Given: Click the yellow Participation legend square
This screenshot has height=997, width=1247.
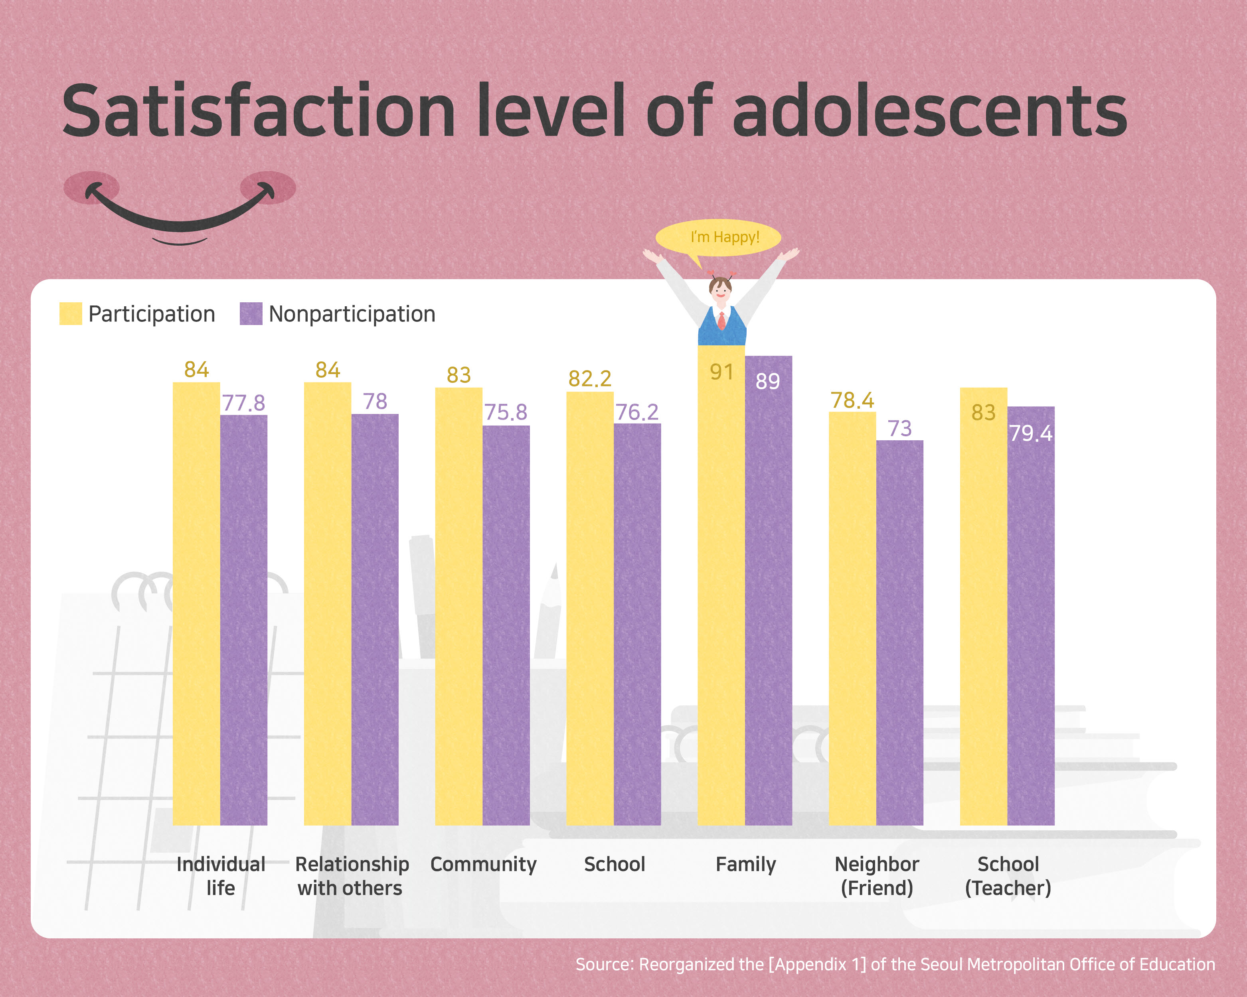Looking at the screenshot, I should click(71, 313).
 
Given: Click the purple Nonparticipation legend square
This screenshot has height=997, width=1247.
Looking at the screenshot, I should click(251, 313).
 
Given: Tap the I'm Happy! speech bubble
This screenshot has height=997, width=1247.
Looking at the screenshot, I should click(718, 237).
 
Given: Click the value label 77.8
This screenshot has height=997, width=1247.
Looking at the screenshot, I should click(243, 403).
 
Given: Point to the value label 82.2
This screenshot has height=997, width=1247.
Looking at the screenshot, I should click(589, 378).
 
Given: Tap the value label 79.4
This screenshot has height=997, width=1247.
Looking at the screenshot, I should click(1031, 433).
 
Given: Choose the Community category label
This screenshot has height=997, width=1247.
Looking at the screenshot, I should click(484, 864).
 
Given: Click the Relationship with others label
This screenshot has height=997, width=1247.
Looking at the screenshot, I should click(351, 876).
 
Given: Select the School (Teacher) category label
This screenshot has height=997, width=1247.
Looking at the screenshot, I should click(1008, 876).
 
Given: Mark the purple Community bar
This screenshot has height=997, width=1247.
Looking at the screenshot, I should click(506, 624).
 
